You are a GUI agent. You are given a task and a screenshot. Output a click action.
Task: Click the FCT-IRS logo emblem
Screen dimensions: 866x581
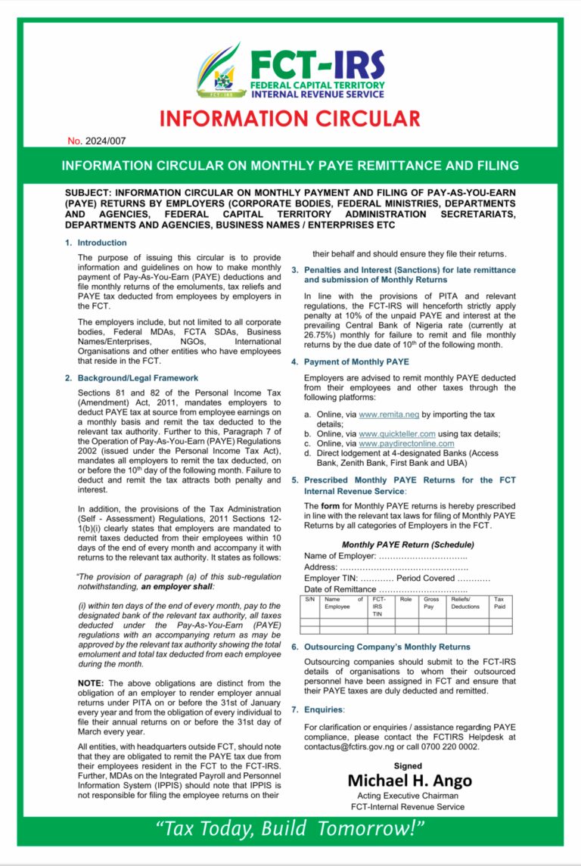[x=219, y=71]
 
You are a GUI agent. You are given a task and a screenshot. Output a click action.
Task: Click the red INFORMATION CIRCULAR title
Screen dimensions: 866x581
[x=290, y=119]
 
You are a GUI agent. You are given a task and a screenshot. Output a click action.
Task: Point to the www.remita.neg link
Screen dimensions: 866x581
[x=389, y=415]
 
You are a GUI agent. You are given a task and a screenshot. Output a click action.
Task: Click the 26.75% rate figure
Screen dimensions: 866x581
[x=320, y=334]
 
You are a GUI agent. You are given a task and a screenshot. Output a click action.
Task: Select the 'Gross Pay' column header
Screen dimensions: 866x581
[x=431, y=603]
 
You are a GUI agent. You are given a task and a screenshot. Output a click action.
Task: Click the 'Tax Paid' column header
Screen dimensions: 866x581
[x=499, y=603]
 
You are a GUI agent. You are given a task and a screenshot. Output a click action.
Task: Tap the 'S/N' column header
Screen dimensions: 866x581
[x=309, y=599]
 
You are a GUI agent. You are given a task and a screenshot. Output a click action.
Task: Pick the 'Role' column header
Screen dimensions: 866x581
[x=405, y=599]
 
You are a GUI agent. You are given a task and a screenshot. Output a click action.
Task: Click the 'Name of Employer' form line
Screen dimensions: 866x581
[x=385, y=557]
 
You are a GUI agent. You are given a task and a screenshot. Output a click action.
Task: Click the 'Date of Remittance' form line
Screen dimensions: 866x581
[x=385, y=589]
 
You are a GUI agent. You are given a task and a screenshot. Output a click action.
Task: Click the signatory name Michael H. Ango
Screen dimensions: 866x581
[x=409, y=781]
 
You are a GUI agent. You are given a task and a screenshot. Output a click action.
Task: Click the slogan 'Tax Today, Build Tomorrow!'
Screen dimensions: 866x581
[x=290, y=829]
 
